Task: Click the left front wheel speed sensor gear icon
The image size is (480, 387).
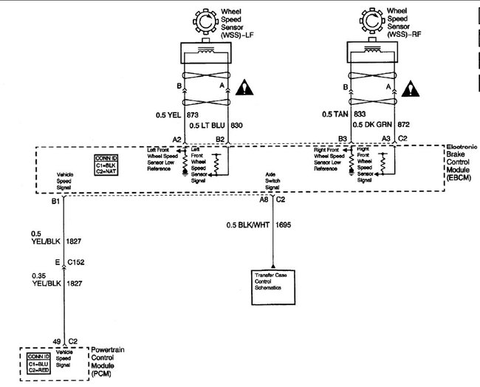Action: coord(203,21)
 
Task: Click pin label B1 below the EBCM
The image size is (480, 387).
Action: coord(55,200)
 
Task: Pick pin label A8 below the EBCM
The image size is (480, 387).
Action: coord(264,199)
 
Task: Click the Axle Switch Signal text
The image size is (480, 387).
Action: coord(273,182)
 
